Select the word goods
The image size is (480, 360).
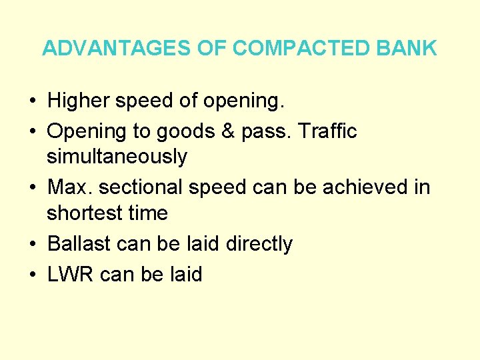click(191, 132)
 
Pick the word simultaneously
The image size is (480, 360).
click(117, 157)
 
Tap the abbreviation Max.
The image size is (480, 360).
click(68, 188)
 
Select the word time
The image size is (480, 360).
click(149, 214)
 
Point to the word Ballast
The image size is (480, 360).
click(79, 245)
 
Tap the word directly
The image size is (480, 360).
click(259, 245)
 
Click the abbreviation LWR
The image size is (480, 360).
click(71, 274)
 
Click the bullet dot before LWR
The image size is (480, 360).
click(33, 275)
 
